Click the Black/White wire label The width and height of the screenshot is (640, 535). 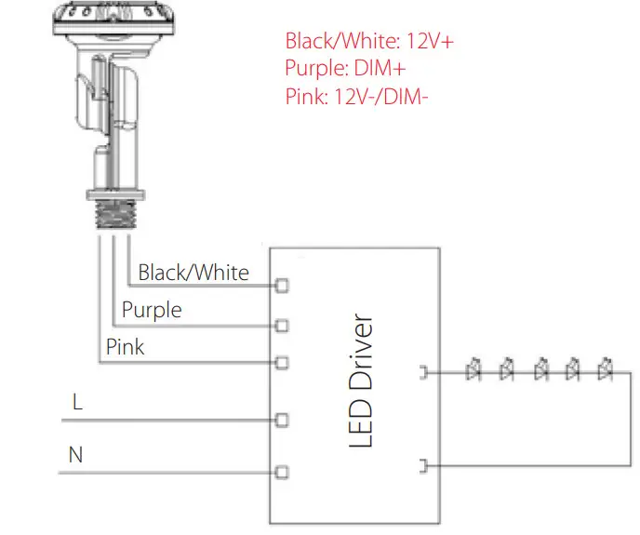pyautogui.click(x=193, y=273)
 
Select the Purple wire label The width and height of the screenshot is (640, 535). pyautogui.click(x=152, y=310)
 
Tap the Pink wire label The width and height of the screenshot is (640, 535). pyautogui.click(x=126, y=347)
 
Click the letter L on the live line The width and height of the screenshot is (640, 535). pyautogui.click(x=77, y=403)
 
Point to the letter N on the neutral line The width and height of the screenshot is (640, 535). pyautogui.click(x=75, y=456)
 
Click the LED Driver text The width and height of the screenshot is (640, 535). pyautogui.click(x=361, y=381)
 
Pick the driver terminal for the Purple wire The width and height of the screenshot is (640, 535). pyautogui.click(x=282, y=325)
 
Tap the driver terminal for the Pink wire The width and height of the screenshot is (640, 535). pyautogui.click(x=282, y=362)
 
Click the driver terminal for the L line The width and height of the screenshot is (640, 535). pyautogui.click(x=282, y=419)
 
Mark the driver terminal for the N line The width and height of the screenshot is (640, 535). pyautogui.click(x=282, y=472)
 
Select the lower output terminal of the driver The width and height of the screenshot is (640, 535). pyautogui.click(x=424, y=464)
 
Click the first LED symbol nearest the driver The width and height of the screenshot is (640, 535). pyautogui.click(x=473, y=369)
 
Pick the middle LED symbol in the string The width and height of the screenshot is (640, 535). pyautogui.click(x=540, y=369)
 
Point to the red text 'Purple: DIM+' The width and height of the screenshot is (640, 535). pyautogui.click(x=345, y=69)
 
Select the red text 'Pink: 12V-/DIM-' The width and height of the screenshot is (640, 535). pyautogui.click(x=357, y=97)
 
